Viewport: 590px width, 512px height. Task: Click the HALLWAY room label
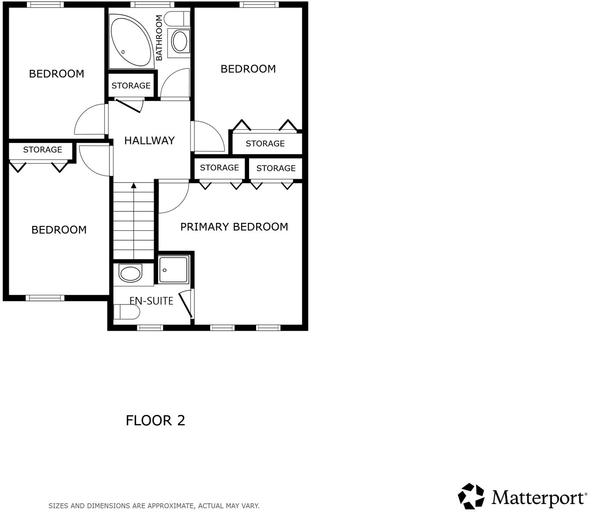click(149, 141)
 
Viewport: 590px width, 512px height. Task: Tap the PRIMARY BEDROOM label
click(234, 227)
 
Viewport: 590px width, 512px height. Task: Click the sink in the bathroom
click(179, 42)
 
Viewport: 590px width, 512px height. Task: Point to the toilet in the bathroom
click(177, 19)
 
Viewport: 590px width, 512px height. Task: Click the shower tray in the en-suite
click(174, 269)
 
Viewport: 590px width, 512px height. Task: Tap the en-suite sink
click(130, 274)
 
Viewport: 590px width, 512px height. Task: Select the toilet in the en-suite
click(127, 312)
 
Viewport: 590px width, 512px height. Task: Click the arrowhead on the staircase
click(133, 186)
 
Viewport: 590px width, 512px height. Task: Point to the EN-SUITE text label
click(151, 301)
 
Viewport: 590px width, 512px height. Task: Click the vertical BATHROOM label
click(159, 38)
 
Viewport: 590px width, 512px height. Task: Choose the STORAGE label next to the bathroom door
click(131, 86)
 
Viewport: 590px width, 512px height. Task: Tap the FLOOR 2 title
click(155, 420)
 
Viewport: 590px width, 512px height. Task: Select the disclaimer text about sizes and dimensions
click(154, 506)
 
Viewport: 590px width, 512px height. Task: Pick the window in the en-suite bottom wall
click(150, 328)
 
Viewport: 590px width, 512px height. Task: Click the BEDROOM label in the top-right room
click(248, 69)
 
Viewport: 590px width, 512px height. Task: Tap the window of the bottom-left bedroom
click(45, 298)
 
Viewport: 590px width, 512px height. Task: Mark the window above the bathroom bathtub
click(146, 5)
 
